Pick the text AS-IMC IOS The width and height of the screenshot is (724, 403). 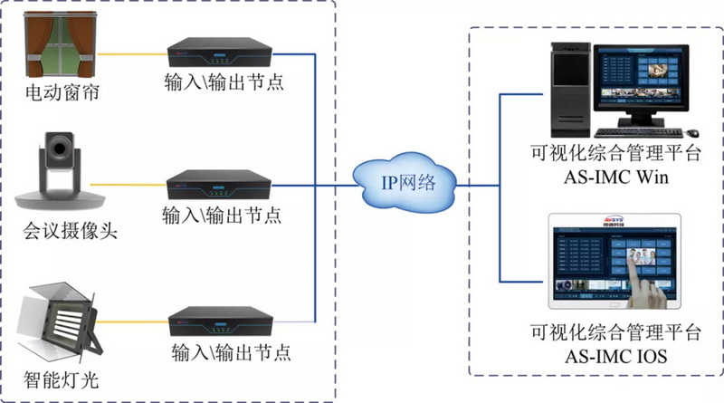(616, 356)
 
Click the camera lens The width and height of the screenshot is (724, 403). (62, 149)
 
